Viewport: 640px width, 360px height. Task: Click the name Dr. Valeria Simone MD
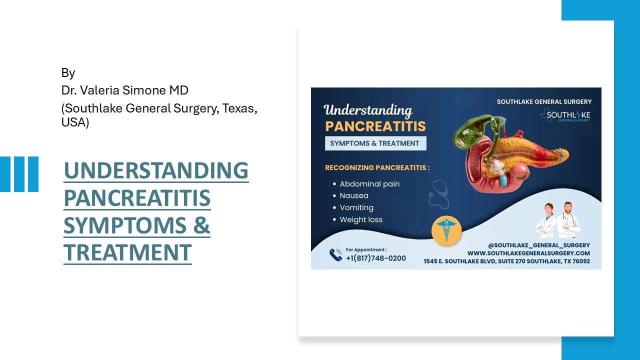tap(125, 90)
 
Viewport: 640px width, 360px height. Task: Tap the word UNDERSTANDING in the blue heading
tap(156, 170)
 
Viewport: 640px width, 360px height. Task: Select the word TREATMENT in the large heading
tap(127, 252)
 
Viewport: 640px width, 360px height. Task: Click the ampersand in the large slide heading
tap(201, 225)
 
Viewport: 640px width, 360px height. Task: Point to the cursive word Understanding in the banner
tap(368, 110)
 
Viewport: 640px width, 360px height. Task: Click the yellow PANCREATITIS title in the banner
tap(375, 126)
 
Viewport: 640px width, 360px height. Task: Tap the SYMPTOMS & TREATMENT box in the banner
tap(375, 143)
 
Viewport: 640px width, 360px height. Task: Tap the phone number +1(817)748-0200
tap(375, 258)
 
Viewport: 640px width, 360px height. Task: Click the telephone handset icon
tap(335, 255)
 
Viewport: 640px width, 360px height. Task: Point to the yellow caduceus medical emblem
tap(446, 231)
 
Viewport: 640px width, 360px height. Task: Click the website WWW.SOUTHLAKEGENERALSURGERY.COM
tap(528, 253)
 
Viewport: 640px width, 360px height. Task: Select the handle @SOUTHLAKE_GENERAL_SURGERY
tap(539, 245)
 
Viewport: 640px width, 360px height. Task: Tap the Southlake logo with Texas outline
tap(565, 115)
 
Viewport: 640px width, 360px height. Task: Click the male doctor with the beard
tap(568, 220)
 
